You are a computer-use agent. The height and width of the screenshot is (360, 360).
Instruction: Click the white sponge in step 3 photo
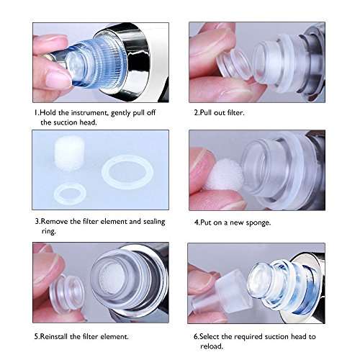(x=70, y=153)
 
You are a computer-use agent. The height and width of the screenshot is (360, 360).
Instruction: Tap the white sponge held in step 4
(x=224, y=174)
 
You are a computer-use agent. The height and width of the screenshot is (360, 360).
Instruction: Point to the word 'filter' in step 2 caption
(x=235, y=112)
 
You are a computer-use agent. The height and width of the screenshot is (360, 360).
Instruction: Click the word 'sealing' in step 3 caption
(x=154, y=222)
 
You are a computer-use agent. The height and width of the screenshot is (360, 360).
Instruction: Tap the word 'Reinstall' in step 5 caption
(x=54, y=336)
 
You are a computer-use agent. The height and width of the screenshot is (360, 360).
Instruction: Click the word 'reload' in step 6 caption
(x=212, y=346)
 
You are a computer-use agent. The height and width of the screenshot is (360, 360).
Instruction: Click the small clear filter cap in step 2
(x=234, y=65)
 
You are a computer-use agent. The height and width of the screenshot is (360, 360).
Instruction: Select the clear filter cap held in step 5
(x=67, y=294)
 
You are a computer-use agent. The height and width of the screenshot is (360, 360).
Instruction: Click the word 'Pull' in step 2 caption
(x=206, y=112)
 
